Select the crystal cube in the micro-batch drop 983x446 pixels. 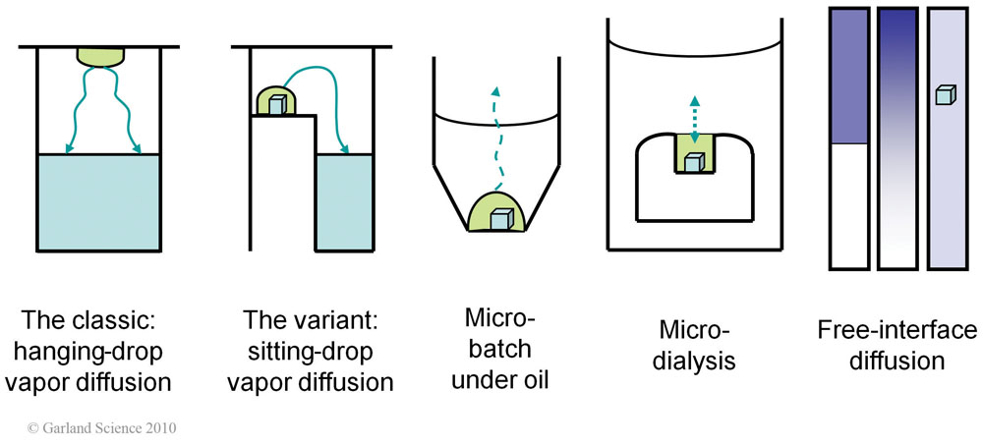coord(500,219)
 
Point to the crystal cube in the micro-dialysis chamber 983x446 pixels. coord(694,163)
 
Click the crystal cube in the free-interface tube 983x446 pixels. coord(945,95)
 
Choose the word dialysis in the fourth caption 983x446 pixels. coord(697,361)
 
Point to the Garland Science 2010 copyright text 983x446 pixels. coord(101,428)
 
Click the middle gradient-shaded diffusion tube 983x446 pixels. coord(898,138)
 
